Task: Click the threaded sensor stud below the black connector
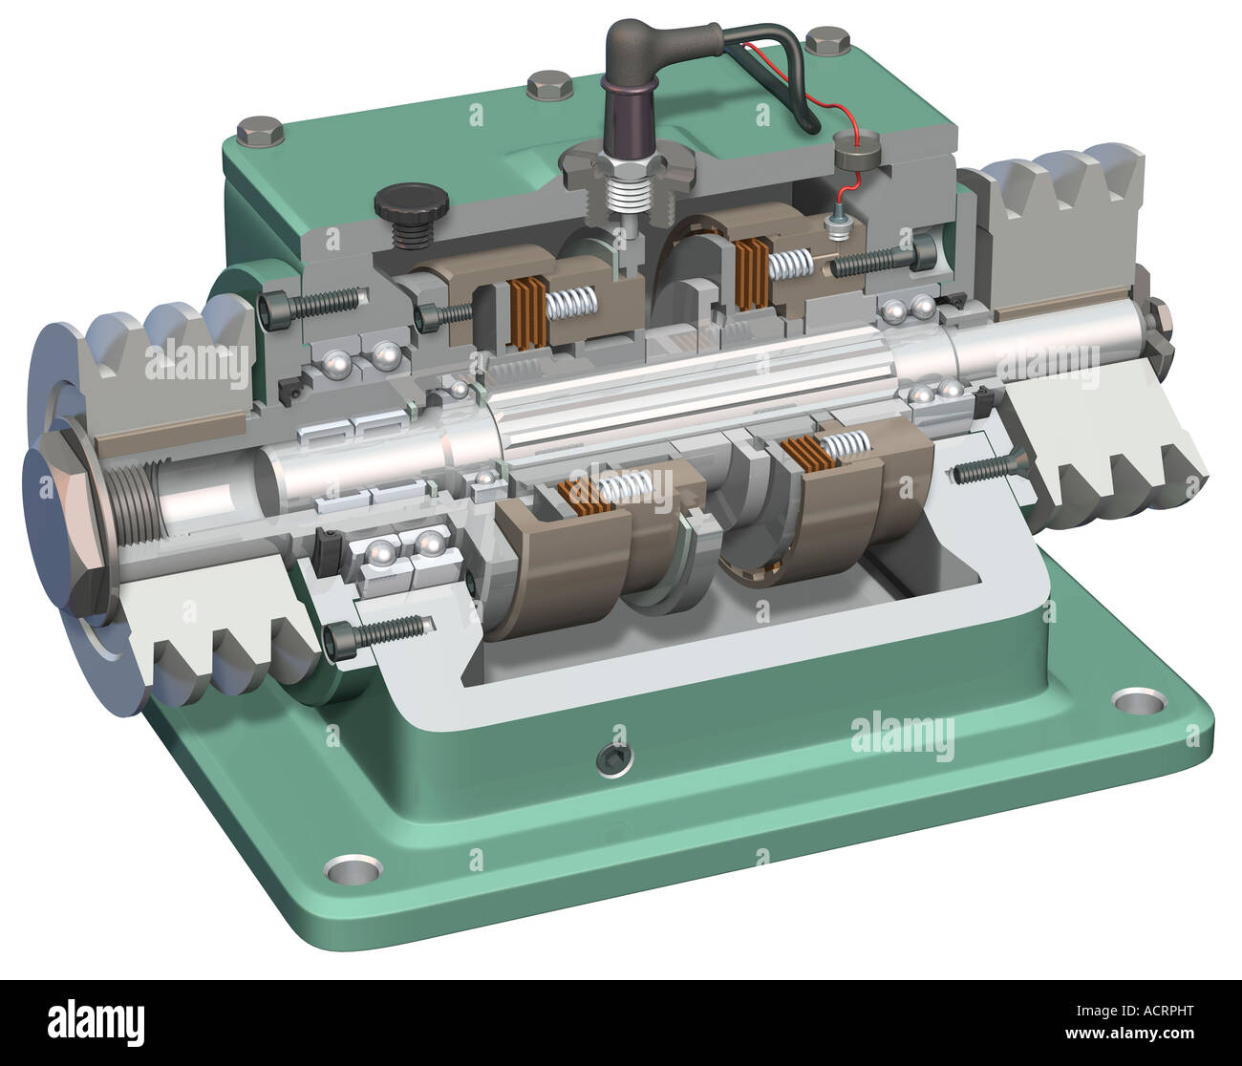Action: pos(625,202)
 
